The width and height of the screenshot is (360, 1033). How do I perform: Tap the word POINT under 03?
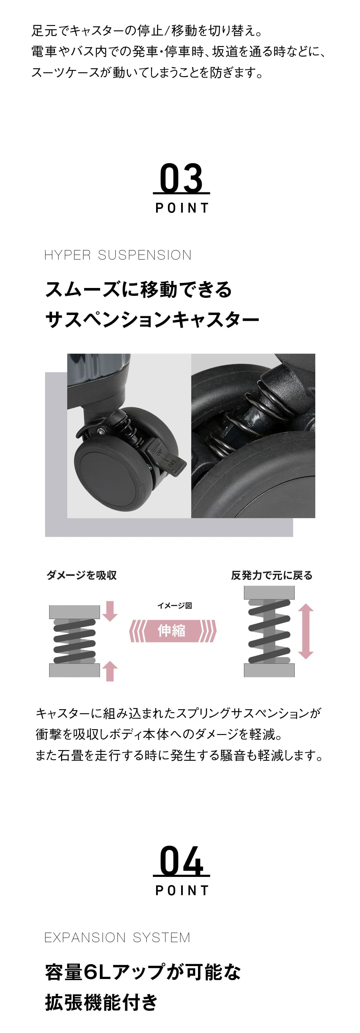(182, 208)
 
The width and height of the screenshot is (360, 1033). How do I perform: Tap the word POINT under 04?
(182, 890)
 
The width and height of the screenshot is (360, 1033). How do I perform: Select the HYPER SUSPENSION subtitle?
(118, 255)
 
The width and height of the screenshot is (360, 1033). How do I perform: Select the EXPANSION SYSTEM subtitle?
(117, 938)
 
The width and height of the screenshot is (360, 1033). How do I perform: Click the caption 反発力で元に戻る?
(271, 575)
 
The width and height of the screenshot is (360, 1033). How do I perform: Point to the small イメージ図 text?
(174, 605)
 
